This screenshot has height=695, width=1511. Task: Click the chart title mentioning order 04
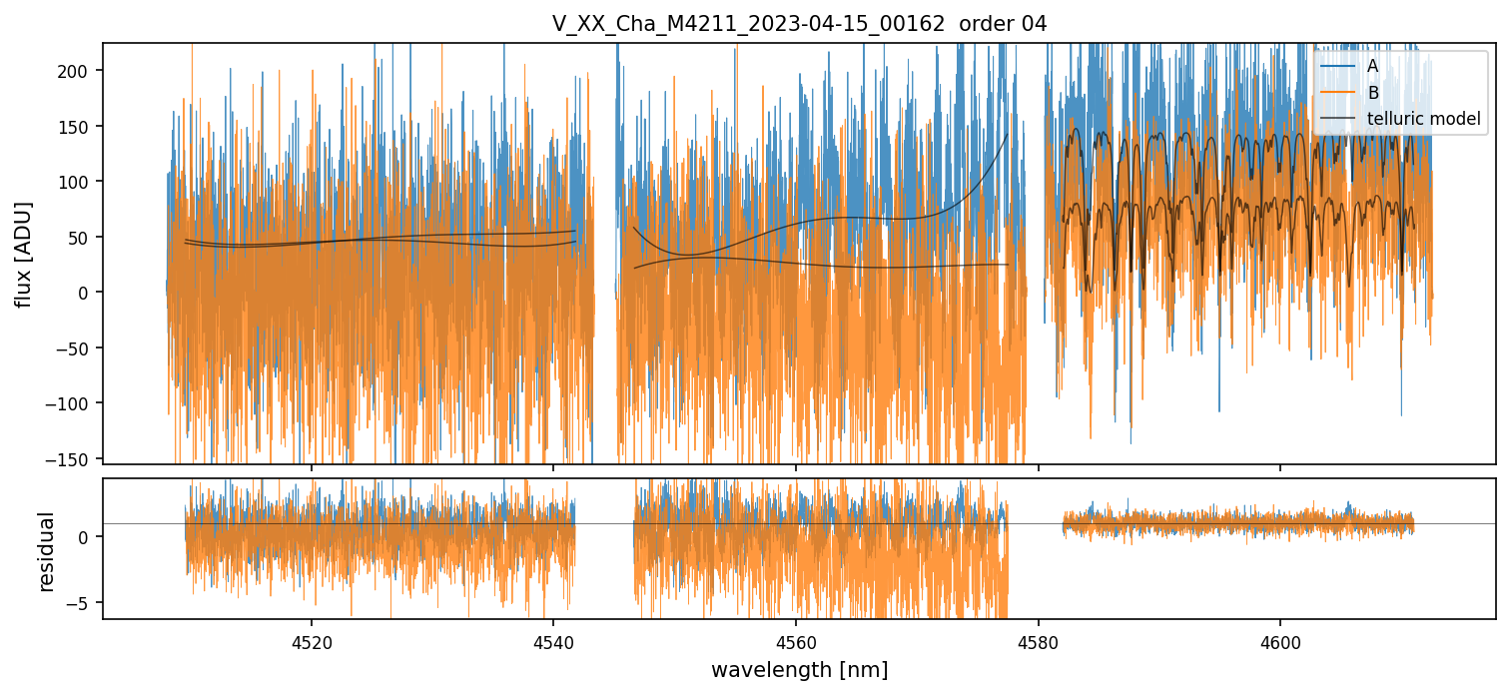point(799,24)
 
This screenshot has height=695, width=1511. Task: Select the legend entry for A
point(1372,67)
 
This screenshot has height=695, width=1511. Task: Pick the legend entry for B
point(1372,94)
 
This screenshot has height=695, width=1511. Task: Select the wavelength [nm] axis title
point(799,669)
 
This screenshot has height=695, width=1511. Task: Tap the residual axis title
point(47,550)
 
